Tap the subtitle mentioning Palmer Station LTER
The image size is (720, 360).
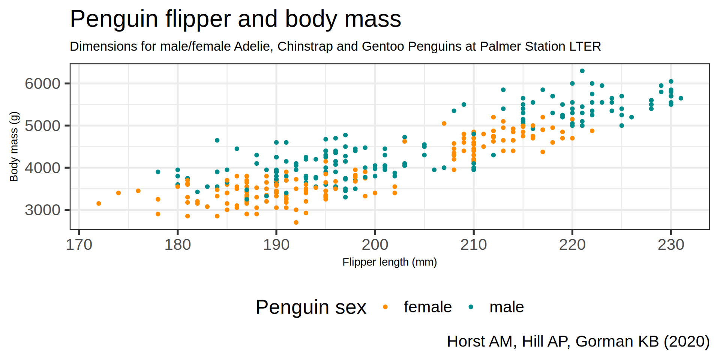[x=335, y=46]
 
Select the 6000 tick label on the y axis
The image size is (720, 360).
[x=42, y=84]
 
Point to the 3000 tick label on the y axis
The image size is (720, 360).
[x=42, y=210]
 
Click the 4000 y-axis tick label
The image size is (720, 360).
[x=42, y=168]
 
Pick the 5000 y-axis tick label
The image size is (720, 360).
[x=42, y=126]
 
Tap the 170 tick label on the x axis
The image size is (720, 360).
[x=79, y=245]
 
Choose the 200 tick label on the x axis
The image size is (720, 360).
[x=375, y=245]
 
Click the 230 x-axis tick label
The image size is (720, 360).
[x=671, y=245]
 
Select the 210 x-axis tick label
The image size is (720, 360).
[x=474, y=245]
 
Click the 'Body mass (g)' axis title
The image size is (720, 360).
[x=14, y=147]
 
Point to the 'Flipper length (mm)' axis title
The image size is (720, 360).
[x=390, y=262]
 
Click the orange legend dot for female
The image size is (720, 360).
[x=385, y=307]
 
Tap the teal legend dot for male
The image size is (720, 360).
[x=471, y=307]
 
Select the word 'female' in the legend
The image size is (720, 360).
[x=427, y=307]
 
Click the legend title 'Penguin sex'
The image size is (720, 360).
[x=311, y=307]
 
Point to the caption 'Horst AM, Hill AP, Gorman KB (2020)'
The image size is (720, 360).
[x=578, y=342]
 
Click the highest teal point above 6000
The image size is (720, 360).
[x=582, y=71]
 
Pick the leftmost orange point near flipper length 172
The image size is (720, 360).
[x=99, y=204]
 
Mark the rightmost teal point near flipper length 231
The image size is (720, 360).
[x=681, y=98]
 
